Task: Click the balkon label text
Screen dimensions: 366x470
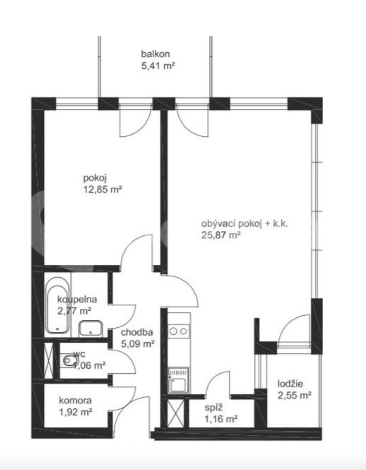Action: point(155,54)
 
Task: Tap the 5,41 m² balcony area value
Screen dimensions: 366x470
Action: point(158,66)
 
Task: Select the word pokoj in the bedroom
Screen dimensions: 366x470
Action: point(95,179)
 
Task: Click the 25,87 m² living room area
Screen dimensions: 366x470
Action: point(221,235)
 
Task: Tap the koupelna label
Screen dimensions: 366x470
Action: point(77,300)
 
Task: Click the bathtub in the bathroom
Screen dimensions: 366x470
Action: point(58,305)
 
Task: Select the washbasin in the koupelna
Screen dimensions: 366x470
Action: point(90,329)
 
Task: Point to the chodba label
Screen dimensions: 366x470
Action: point(137,332)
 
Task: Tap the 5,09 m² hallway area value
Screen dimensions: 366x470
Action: point(138,344)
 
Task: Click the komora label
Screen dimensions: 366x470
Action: point(75,401)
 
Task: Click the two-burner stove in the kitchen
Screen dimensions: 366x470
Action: point(178,331)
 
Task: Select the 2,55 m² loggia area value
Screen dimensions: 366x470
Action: point(295,395)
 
